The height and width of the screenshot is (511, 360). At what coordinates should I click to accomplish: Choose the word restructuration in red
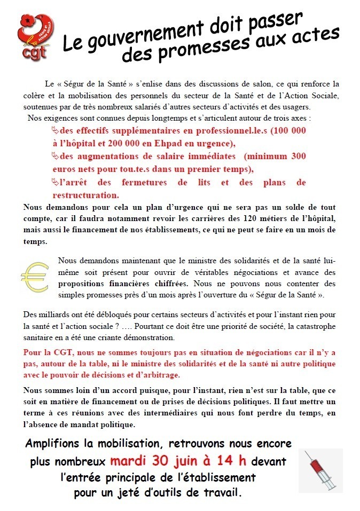pyautogui.click(x=83, y=195)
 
